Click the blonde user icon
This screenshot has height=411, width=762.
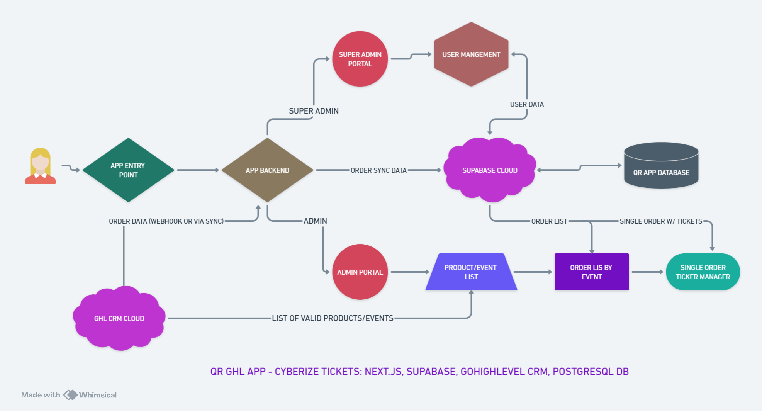coord(40,166)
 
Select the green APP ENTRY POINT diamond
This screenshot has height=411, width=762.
coord(128,170)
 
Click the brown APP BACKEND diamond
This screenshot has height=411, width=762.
coord(267,170)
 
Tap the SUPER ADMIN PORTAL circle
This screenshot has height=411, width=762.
coord(360,59)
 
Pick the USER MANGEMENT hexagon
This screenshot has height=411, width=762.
coord(471,54)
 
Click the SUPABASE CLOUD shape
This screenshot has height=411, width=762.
coord(490,170)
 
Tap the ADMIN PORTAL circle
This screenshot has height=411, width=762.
coord(360,272)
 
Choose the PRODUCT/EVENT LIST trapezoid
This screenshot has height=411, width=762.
coord(471,272)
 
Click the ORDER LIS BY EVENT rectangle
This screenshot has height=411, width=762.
coord(591,272)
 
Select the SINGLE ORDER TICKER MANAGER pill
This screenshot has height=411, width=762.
coord(703,272)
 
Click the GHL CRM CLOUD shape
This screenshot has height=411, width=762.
coord(119,318)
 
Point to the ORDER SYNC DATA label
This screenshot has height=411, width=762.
coord(378,170)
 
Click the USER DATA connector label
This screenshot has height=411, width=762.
coord(527,104)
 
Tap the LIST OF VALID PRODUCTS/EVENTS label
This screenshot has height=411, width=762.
coord(333,318)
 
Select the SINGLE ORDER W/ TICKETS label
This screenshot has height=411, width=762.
coord(661,221)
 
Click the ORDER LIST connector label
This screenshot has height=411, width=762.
coord(549,221)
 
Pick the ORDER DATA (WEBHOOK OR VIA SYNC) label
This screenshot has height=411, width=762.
coord(166,221)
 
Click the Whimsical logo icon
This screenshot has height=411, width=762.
coord(70,395)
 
